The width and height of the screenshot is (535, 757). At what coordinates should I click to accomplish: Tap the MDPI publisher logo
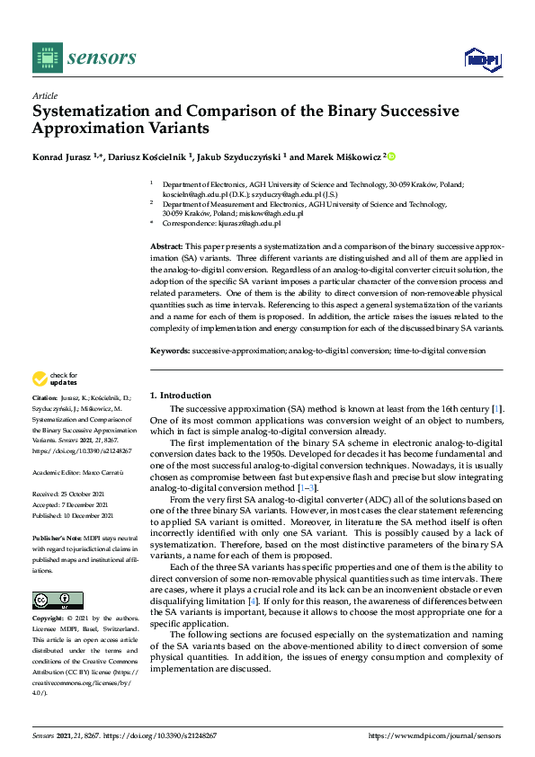[481, 59]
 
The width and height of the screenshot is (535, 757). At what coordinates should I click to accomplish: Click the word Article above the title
[44, 96]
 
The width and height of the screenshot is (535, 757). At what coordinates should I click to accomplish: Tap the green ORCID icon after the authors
[392, 156]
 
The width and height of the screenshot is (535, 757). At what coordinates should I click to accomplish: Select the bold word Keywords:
[169, 350]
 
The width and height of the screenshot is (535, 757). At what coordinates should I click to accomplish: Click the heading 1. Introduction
[180, 396]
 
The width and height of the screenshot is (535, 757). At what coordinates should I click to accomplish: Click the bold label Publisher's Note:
[58, 536]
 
